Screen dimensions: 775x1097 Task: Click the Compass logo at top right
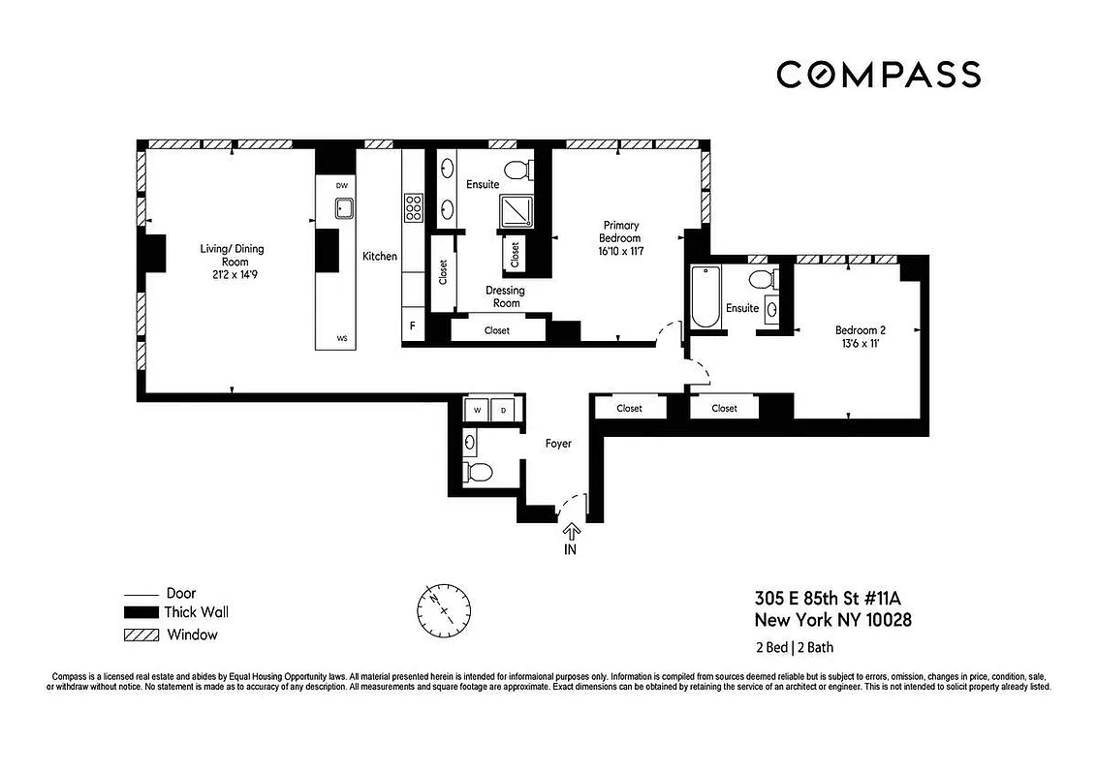878,75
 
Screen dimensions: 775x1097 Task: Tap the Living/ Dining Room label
232,256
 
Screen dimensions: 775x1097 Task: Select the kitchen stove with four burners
414,208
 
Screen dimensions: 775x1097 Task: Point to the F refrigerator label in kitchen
413,325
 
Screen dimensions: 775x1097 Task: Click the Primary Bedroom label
620,238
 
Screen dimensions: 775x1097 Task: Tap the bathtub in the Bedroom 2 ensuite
705,297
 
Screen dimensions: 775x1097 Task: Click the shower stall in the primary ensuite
511,211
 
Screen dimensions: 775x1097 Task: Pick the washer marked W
477,410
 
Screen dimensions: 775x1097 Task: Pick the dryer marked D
503,410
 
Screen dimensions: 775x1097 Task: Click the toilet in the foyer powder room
478,472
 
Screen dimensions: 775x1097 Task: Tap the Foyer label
558,444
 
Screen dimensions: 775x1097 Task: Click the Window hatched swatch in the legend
141,635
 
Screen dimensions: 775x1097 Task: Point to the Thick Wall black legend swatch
141,612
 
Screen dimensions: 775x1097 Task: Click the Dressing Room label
504,296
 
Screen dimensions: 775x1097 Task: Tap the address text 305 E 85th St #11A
832,599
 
